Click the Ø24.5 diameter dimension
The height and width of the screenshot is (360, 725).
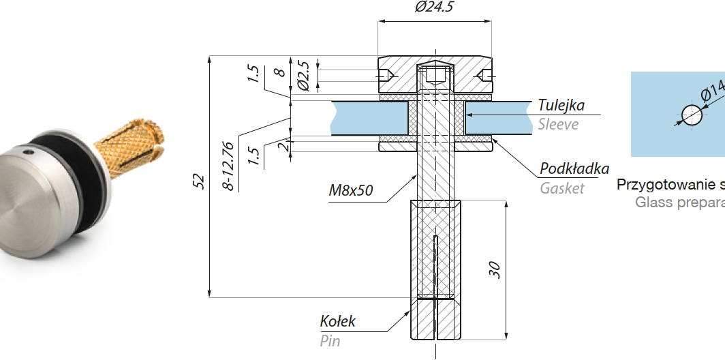tap(434, 7)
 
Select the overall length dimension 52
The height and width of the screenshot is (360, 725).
tap(199, 180)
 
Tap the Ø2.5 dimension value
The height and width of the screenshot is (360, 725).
tap(304, 76)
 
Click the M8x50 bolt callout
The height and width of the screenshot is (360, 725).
tap(351, 190)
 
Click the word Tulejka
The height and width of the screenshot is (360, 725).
tap(561, 106)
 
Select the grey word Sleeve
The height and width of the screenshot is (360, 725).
tap(558, 124)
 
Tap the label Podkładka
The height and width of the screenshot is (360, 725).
tap(574, 168)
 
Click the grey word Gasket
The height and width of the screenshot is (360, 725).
tap(562, 188)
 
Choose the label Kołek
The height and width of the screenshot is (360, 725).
tap(338, 321)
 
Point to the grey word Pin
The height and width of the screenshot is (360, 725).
tap(330, 341)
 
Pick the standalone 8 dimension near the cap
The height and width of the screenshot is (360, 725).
tap(279, 71)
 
